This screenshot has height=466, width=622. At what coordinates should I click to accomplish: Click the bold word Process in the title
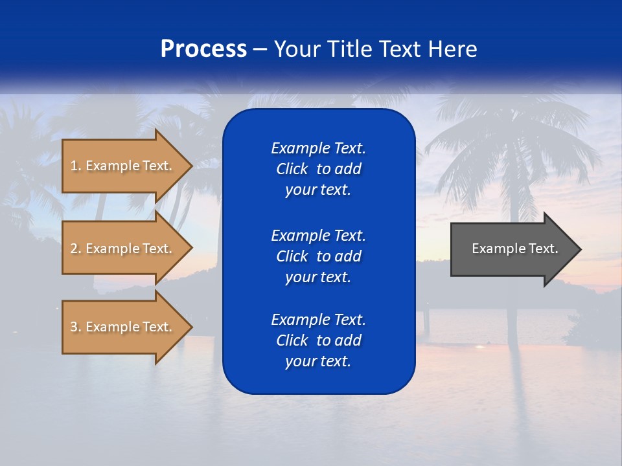(x=203, y=49)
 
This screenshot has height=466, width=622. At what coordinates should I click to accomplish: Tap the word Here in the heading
(x=451, y=49)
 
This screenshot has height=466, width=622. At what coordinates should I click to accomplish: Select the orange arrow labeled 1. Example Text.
(x=123, y=166)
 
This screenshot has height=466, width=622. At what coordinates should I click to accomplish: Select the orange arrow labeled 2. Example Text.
(x=123, y=249)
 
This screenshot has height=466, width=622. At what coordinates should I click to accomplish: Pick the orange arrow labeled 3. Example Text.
(x=123, y=327)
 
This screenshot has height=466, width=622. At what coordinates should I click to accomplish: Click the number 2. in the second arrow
(x=76, y=249)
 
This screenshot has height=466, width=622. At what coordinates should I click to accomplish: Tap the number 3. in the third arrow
(x=76, y=327)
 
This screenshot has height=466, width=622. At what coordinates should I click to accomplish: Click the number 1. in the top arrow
(x=75, y=166)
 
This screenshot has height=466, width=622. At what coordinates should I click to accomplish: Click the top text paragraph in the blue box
(x=318, y=169)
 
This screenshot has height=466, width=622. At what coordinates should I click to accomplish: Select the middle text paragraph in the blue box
(x=318, y=256)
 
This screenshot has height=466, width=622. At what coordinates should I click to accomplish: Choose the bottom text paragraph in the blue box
(x=318, y=340)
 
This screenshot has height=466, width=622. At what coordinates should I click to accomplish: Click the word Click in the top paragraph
(x=292, y=169)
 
